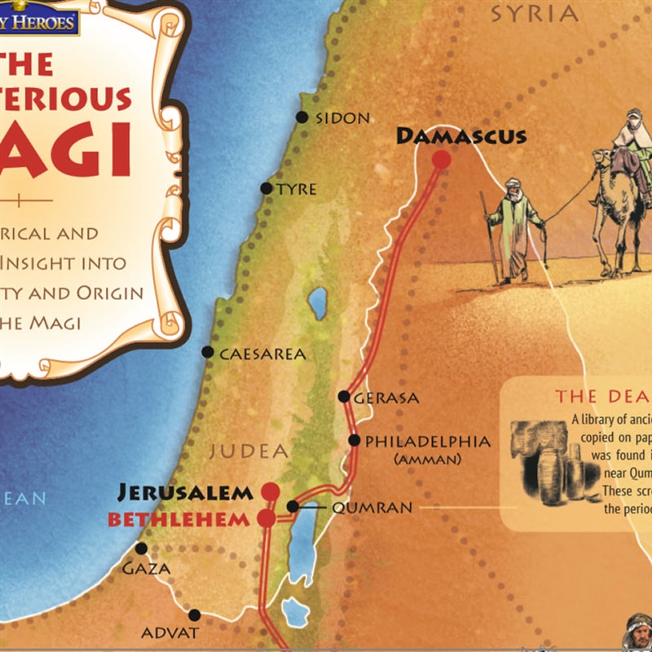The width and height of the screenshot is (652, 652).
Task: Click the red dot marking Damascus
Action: pos(441,160)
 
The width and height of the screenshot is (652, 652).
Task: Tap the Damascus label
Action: pos(461,136)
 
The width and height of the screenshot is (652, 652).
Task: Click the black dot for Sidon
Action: pos(302,117)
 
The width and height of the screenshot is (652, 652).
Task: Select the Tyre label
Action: pos(297,189)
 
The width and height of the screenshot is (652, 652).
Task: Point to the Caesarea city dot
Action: pos(208,353)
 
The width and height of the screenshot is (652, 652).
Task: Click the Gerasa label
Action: pos(387,399)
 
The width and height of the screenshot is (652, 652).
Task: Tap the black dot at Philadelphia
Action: pos(355,440)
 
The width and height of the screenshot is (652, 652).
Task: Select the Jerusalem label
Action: pos(186,492)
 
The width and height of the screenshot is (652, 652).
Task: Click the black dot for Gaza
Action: pos(142,548)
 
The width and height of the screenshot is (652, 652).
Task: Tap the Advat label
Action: pos(170,632)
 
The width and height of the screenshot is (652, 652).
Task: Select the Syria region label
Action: pos(534,14)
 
